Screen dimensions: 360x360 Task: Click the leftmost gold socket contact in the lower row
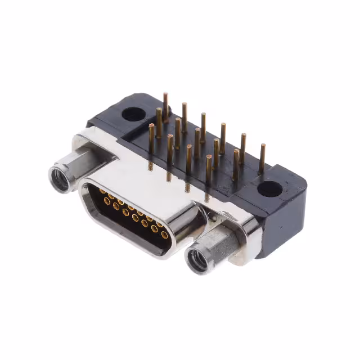coord(107,201)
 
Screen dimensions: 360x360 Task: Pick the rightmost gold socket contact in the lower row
coord(164,234)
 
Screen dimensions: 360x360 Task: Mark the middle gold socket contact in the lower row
coord(135,217)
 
